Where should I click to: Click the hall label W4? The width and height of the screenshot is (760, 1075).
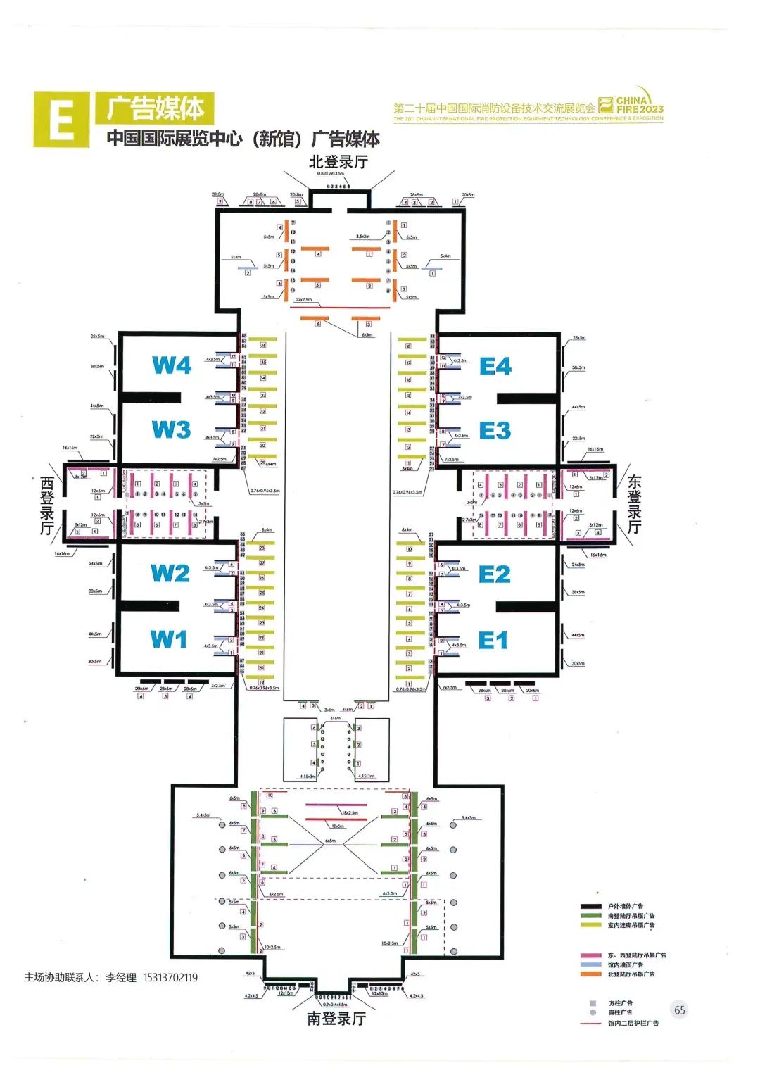pyautogui.click(x=172, y=365)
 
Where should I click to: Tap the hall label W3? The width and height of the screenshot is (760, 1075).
pyautogui.click(x=171, y=429)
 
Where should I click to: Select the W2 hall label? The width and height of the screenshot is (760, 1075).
pyautogui.click(x=170, y=574)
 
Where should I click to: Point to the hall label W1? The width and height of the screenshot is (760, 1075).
pyautogui.click(x=169, y=639)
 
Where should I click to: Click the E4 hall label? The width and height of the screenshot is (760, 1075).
pyautogui.click(x=495, y=367)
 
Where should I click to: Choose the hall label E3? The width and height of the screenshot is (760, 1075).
pyautogui.click(x=495, y=431)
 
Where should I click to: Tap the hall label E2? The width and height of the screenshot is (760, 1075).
pyautogui.click(x=494, y=574)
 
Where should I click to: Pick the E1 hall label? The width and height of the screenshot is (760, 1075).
pyautogui.click(x=493, y=641)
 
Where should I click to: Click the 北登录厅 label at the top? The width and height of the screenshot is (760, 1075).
pyautogui.click(x=338, y=162)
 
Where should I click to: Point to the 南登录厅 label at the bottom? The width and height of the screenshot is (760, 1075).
pyautogui.click(x=336, y=1019)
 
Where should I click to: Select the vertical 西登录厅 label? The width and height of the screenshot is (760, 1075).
pyautogui.click(x=47, y=505)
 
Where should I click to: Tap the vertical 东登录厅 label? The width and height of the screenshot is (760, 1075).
pyautogui.click(x=634, y=504)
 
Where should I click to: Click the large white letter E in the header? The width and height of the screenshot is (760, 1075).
pyautogui.click(x=62, y=120)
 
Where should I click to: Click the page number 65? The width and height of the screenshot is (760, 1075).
pyautogui.click(x=679, y=1010)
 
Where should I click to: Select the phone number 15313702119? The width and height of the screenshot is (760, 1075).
pyautogui.click(x=170, y=978)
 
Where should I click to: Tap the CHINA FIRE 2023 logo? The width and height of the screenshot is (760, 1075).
pyautogui.click(x=632, y=106)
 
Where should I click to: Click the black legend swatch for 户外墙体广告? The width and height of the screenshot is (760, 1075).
pyautogui.click(x=590, y=907)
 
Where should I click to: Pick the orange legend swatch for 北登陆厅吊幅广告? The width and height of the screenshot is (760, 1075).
pyautogui.click(x=590, y=974)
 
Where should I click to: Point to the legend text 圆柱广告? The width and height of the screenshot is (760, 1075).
pyautogui.click(x=621, y=1012)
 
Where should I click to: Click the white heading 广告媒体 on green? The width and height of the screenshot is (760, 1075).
pyautogui.click(x=156, y=108)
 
